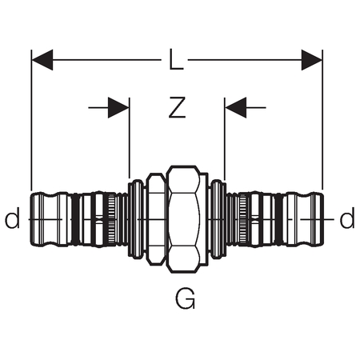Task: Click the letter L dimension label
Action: point(176,59)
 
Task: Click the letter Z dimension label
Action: point(177,107)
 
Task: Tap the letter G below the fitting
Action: point(185,298)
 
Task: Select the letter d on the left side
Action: point(12,218)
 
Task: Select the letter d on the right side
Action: point(347,218)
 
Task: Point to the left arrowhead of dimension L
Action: point(42,60)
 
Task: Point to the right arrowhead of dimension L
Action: point(312,60)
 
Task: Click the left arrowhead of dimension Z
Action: point(118,108)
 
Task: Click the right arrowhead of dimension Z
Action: point(236,108)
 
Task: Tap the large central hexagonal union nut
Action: point(183,219)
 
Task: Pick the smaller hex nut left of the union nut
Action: point(156,219)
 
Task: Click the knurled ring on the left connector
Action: point(112,219)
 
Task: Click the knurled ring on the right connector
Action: point(242,219)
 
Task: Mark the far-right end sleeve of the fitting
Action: point(303,219)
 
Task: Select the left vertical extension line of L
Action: point(31,120)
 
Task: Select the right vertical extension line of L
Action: point(322,120)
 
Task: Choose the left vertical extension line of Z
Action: point(130,138)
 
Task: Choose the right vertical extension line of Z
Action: point(225,138)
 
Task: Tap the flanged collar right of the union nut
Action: point(218,219)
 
